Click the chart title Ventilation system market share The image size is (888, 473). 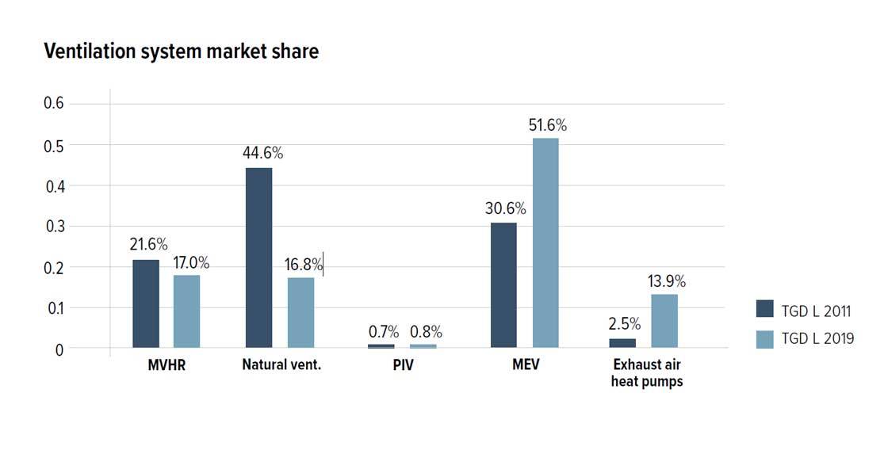[x=181, y=51]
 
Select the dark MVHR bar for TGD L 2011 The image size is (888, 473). [x=146, y=303]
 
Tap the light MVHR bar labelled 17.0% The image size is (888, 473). [x=187, y=311]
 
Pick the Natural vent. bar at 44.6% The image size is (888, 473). [x=259, y=257]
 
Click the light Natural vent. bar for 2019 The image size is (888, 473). [x=300, y=312]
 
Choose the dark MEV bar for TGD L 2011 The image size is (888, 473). [x=503, y=285]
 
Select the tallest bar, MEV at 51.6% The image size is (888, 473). [x=545, y=243]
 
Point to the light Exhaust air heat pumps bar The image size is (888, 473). [x=664, y=321]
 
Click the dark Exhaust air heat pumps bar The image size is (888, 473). [x=622, y=343]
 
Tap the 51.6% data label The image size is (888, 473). [x=548, y=125]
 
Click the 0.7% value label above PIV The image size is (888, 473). [x=384, y=332]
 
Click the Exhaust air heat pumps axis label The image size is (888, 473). [x=647, y=373]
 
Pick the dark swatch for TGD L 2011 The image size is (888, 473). [x=764, y=309]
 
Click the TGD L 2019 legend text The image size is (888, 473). [x=817, y=338]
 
